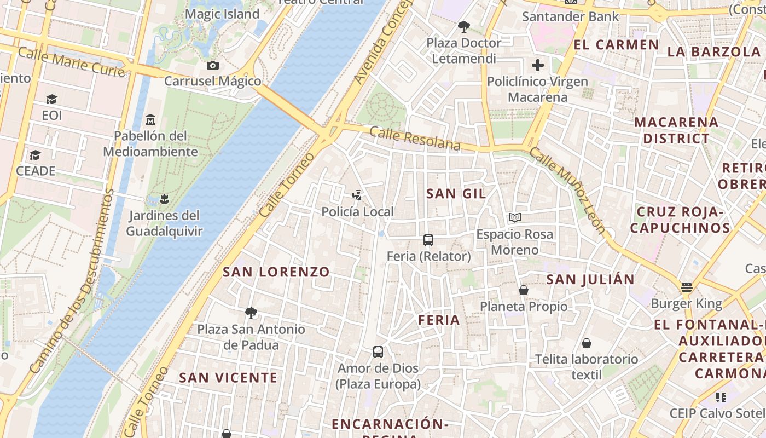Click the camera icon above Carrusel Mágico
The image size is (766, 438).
coord(213,66)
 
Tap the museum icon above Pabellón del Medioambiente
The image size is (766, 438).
coord(150,119)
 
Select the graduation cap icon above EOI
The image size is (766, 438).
coord(51,99)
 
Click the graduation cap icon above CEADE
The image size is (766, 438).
coord(36,155)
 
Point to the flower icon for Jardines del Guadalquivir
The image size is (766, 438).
coord(164,199)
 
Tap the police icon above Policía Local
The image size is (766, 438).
coord(357,195)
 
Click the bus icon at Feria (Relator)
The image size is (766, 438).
coord(428,240)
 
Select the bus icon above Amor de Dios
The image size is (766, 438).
coord(378,351)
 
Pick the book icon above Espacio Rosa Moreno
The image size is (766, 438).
coord(514,217)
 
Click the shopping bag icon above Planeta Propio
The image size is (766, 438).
coord(524,290)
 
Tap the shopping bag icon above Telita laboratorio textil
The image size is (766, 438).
coord(587,343)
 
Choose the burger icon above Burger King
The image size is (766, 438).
coord(687,287)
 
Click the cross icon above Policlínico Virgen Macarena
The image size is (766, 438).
coord(538,65)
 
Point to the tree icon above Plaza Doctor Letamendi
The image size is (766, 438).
coord(463,26)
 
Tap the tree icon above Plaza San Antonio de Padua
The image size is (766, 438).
coord(251,313)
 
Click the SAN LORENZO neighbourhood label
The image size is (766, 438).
coord(276,272)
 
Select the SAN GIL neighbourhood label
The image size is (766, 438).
coord(456,193)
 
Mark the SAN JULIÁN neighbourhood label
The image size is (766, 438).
coord(590,279)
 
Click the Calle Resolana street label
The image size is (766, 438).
coord(415,139)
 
